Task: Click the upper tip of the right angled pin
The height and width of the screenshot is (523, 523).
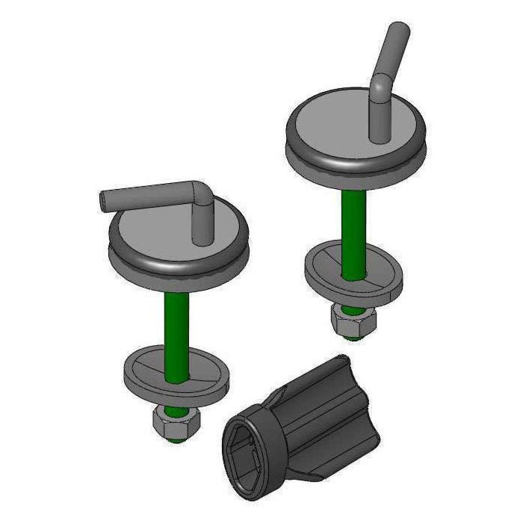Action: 401,30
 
